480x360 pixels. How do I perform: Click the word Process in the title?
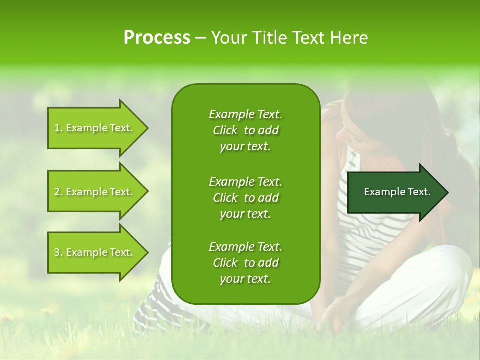(x=157, y=38)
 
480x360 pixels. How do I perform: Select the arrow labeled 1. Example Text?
(x=93, y=128)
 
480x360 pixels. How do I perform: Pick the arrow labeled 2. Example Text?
(x=93, y=192)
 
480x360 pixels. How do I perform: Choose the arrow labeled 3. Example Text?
(x=93, y=252)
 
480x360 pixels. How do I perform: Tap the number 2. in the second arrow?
(x=58, y=192)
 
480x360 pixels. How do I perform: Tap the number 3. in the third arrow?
(x=58, y=252)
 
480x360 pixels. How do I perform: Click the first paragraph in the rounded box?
(x=245, y=130)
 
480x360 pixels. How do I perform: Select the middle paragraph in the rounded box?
(x=245, y=198)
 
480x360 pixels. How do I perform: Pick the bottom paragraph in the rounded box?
(x=245, y=263)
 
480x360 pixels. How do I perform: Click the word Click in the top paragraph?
(x=225, y=130)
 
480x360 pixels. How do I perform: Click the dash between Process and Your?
(x=200, y=38)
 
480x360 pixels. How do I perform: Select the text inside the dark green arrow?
(x=397, y=192)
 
